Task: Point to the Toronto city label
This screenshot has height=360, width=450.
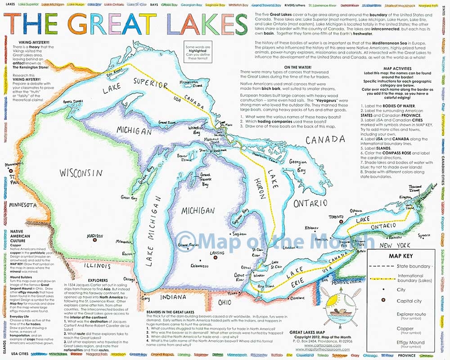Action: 336,217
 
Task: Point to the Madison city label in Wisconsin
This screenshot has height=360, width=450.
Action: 95,235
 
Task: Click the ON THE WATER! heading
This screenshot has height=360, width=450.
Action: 289,67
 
